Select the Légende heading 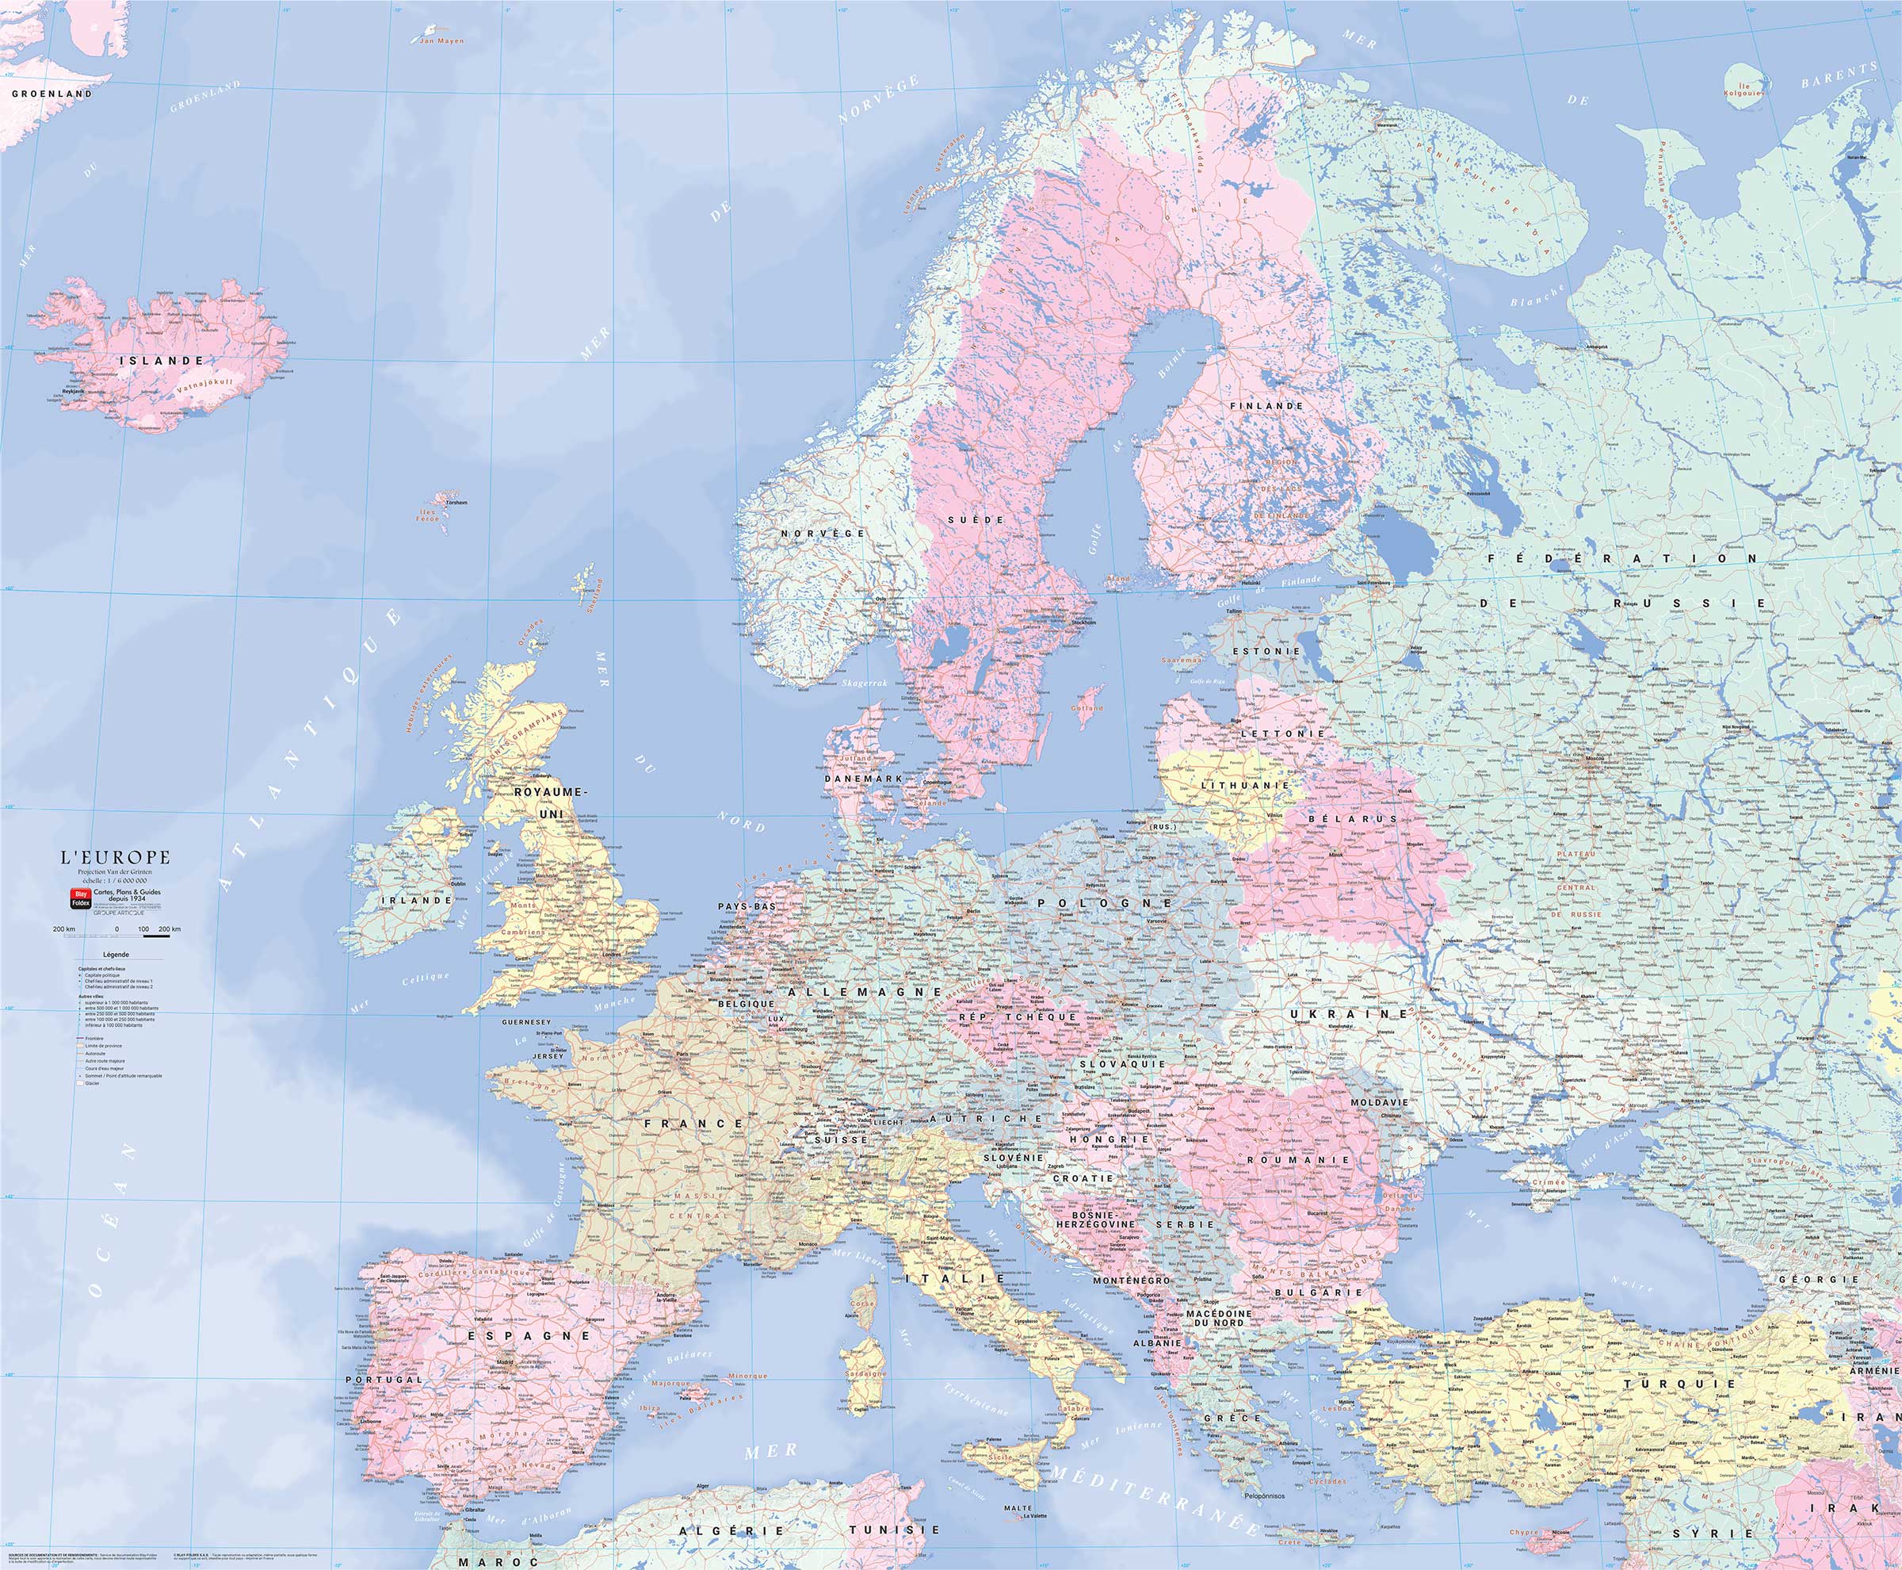coord(116,955)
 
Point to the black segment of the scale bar coord(156,936)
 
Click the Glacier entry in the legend coord(92,1083)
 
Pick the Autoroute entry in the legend coord(95,1054)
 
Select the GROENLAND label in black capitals coord(52,93)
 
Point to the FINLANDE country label coord(1266,406)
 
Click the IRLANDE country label coord(416,901)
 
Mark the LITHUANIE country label coord(1246,786)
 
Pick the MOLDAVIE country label coord(1380,1103)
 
